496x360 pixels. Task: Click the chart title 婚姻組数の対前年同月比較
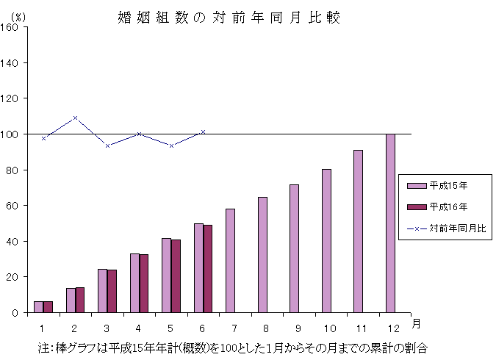[x=229, y=17]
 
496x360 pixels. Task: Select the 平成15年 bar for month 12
[x=390, y=223]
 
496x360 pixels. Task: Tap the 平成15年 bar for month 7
[x=230, y=260]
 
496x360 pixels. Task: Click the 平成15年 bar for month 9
[x=294, y=248]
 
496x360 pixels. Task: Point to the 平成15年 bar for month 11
[x=358, y=231]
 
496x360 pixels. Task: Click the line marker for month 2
[x=76, y=118]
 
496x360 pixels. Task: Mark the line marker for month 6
[x=203, y=132]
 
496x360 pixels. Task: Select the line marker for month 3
[x=107, y=145]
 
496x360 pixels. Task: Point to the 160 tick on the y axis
[x=13, y=27]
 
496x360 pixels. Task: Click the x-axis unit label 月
[x=417, y=323]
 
